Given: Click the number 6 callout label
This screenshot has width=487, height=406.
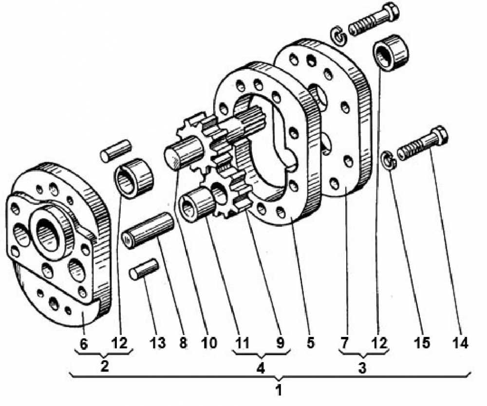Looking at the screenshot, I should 84,344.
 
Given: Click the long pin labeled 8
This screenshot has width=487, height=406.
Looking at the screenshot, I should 148,230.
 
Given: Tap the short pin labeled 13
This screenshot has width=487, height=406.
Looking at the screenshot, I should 144,269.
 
